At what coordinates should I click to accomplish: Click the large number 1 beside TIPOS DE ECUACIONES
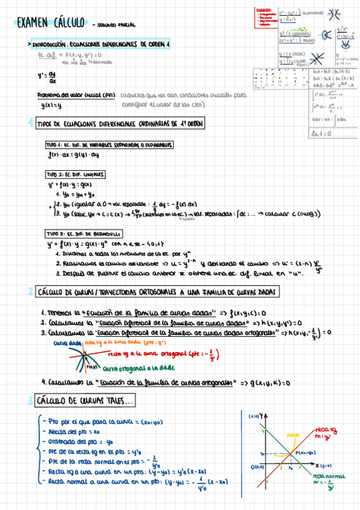[x=30, y=123]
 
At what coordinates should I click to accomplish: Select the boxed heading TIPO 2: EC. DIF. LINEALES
[x=75, y=174]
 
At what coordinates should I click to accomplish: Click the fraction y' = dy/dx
[x=47, y=78]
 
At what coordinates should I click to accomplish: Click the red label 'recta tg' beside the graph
[x=323, y=431]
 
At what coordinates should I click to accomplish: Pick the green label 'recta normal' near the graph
[x=326, y=475]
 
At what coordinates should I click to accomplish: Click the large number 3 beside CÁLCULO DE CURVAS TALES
[x=30, y=400]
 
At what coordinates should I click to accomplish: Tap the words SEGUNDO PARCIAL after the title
[x=115, y=25]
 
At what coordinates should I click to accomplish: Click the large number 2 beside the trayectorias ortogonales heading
[x=30, y=292]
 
